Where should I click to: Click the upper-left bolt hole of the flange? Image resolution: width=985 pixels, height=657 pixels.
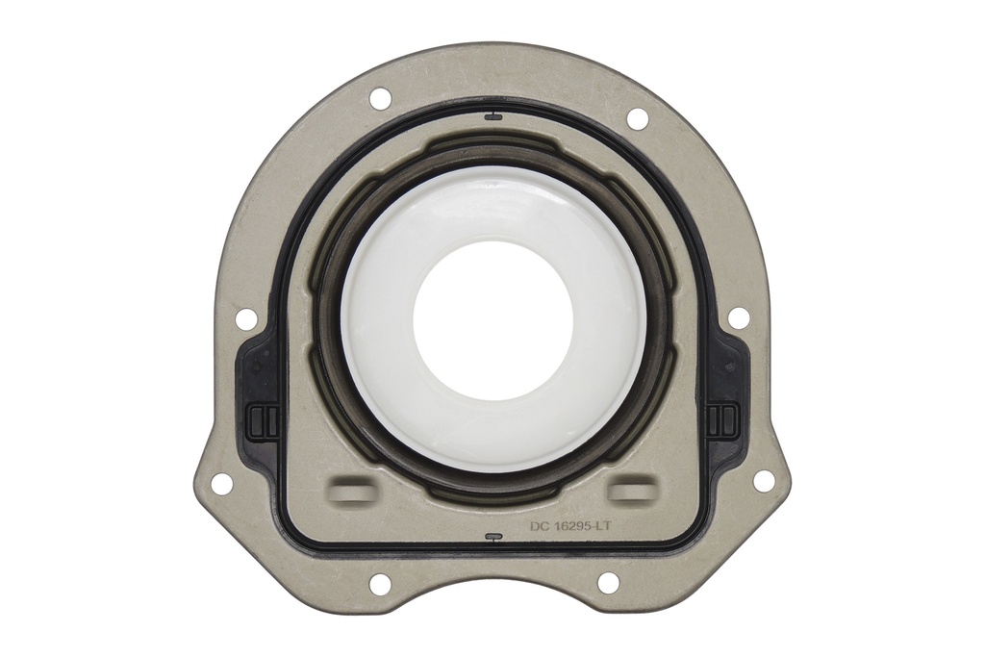pyautogui.click(x=380, y=97)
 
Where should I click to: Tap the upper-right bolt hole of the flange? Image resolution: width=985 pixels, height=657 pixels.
pyautogui.click(x=637, y=118)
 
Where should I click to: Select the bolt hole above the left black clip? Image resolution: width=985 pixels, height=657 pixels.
pyautogui.click(x=245, y=318)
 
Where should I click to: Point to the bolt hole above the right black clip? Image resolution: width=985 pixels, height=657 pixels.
pyautogui.click(x=738, y=317)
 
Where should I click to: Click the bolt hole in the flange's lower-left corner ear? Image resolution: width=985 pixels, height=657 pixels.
pyautogui.click(x=221, y=484)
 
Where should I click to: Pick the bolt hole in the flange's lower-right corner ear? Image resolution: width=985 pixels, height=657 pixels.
pyautogui.click(x=764, y=481)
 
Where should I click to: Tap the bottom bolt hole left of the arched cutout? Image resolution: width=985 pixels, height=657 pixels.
pyautogui.click(x=380, y=584)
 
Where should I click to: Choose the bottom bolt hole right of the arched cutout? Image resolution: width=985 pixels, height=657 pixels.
pyautogui.click(x=608, y=582)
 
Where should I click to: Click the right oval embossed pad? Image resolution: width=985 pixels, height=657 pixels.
pyautogui.click(x=631, y=490)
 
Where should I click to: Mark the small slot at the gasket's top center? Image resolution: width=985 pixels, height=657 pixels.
pyautogui.click(x=492, y=117)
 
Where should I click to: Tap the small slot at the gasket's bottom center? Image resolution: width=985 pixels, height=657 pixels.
pyautogui.click(x=492, y=538)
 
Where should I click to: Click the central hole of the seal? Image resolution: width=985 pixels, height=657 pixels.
pyautogui.click(x=492, y=319)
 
